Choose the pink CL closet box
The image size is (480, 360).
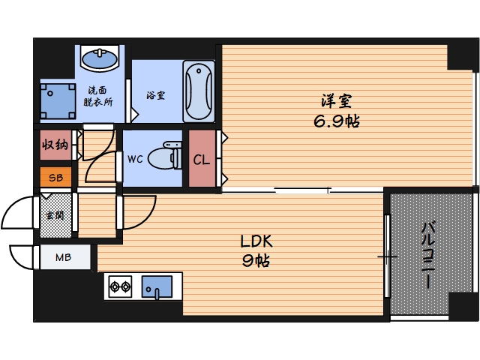click(201, 159)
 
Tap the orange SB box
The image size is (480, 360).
click(56, 178)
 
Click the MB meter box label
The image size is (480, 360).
click(63, 258)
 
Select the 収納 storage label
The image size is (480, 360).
click(56, 145)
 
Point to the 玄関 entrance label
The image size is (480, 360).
click(55, 216)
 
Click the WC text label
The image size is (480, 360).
click(135, 159)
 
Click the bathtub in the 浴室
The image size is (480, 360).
click(198, 91)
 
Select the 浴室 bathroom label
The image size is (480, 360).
click(155, 95)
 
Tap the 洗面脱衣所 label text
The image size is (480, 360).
click(99, 95)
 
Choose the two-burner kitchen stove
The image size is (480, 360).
click(121, 286)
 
